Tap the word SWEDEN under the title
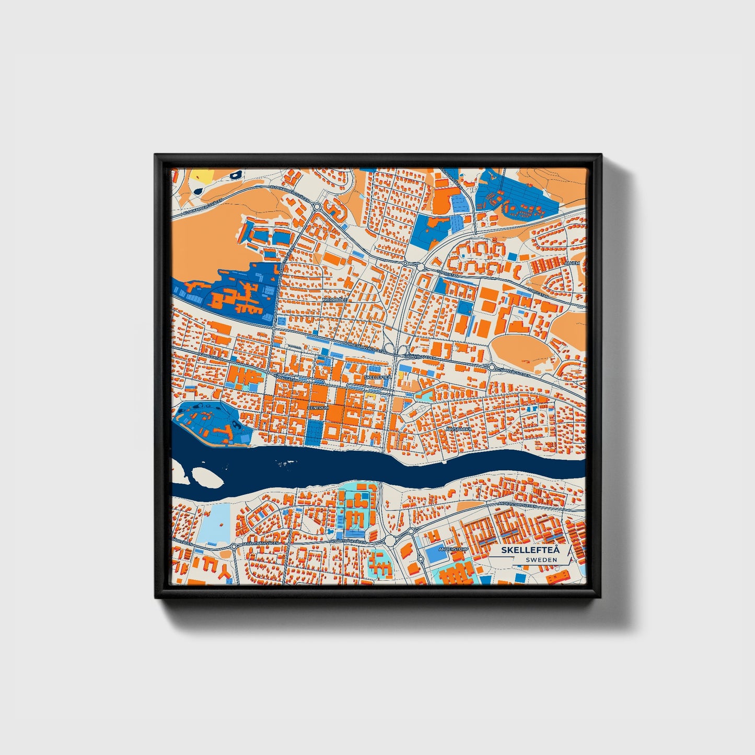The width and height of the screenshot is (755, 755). click(541, 560)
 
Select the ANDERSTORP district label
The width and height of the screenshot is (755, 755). click(451, 550)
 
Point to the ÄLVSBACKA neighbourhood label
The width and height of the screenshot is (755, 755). click(458, 428)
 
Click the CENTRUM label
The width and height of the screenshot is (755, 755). click(318, 408)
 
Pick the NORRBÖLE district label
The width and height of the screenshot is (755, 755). click(334, 299)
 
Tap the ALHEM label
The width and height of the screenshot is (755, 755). click(573, 263)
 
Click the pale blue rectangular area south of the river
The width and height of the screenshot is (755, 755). click(216, 524)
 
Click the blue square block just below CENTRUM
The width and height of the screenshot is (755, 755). click(315, 430)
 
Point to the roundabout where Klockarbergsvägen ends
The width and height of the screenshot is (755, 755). click(317, 206)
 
